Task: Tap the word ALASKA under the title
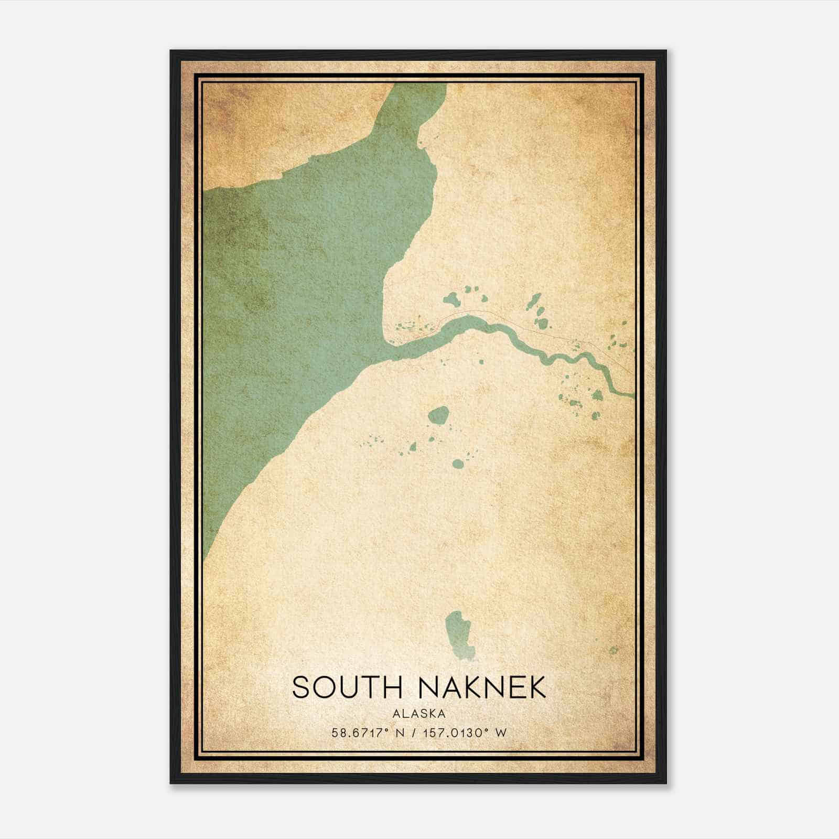click(418, 714)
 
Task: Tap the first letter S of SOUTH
click(301, 687)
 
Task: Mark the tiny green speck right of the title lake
click(614, 650)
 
